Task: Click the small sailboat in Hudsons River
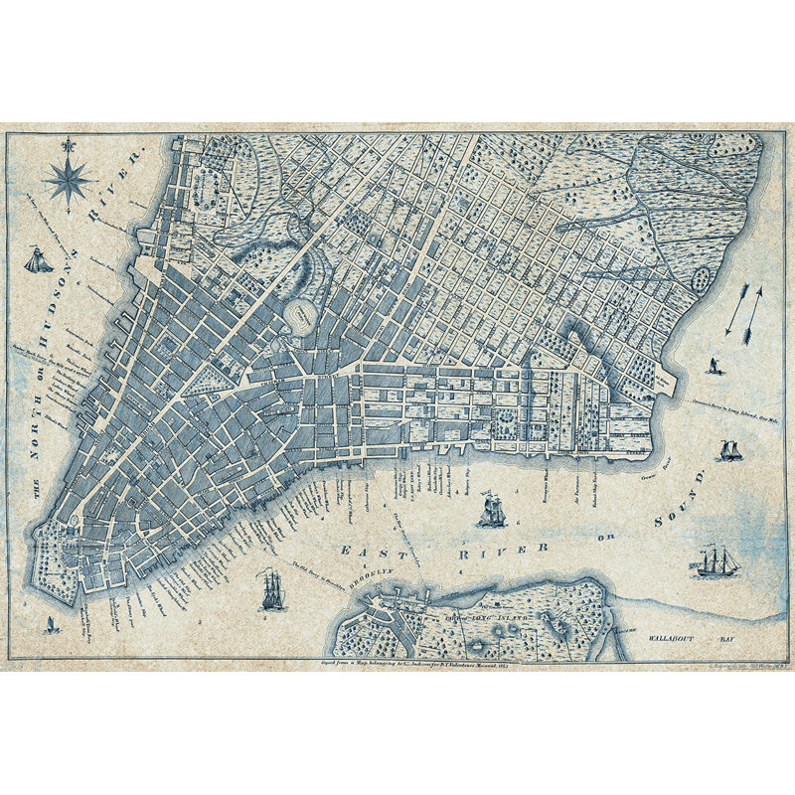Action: pyautogui.click(x=39, y=261)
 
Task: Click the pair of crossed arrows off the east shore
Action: pyautogui.click(x=744, y=308)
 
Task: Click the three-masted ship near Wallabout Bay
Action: pyautogui.click(x=716, y=561)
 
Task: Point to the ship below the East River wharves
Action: pyautogui.click(x=492, y=511)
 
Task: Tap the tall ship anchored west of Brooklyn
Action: pyautogui.click(x=271, y=590)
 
